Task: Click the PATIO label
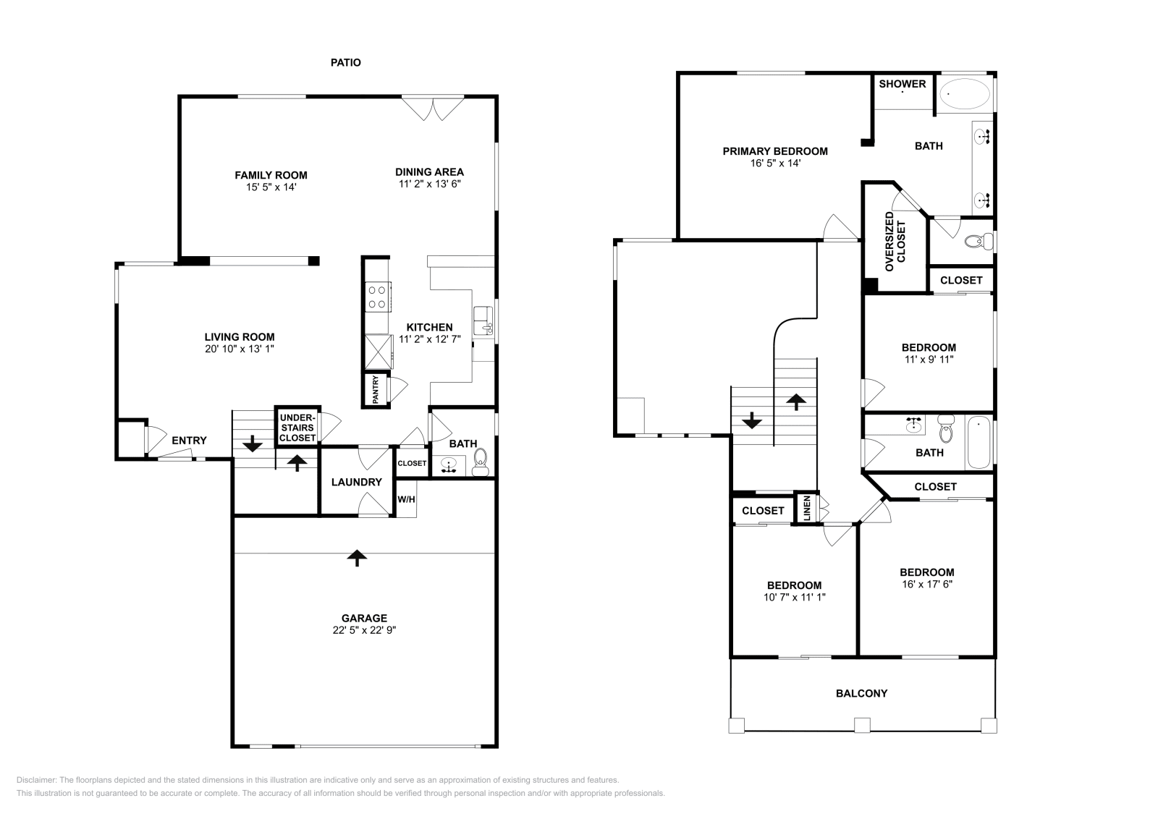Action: (x=345, y=63)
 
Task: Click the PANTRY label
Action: (x=376, y=390)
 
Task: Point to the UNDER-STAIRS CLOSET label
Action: (x=297, y=428)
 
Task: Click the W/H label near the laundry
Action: (x=407, y=499)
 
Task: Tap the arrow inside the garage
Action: (x=355, y=556)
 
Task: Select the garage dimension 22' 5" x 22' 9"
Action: (x=364, y=630)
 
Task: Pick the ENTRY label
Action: (x=189, y=440)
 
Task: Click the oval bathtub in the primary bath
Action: (x=965, y=93)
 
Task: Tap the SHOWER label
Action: (x=902, y=84)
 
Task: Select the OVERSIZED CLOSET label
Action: (x=895, y=242)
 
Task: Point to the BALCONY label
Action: (x=861, y=693)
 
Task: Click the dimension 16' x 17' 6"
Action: (x=926, y=584)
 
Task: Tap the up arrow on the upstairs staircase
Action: (x=796, y=402)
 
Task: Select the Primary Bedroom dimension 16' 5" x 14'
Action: (x=775, y=164)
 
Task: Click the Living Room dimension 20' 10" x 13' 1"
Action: (x=239, y=349)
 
